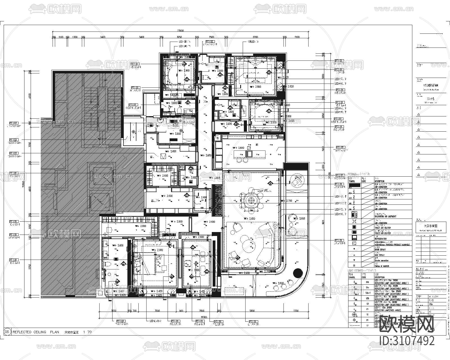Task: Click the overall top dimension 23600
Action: (180, 31)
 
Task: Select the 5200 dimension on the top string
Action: (255, 37)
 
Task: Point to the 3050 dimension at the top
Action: (179, 37)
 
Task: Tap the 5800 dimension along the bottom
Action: (252, 311)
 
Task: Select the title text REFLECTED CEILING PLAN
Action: (36, 332)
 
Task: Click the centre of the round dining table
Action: (250, 200)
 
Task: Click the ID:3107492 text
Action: (407, 341)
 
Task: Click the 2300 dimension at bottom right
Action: (296, 311)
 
